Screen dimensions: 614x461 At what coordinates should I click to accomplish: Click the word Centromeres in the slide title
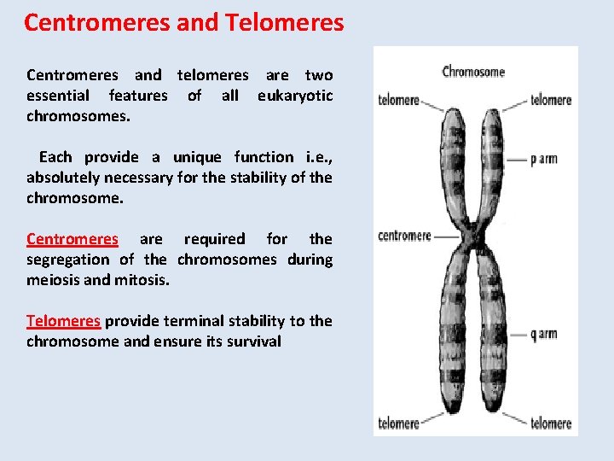[x=96, y=22]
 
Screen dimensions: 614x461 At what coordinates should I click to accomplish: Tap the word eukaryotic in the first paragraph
[x=295, y=96]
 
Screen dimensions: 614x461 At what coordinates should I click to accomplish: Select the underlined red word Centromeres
[x=72, y=239]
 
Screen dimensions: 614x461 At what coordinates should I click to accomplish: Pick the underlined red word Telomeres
[x=63, y=321]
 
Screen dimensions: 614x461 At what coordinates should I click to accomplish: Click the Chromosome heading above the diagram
[x=474, y=72]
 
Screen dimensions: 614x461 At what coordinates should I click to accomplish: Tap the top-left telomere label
[x=398, y=101]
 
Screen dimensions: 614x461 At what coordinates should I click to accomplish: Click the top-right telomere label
[x=550, y=100]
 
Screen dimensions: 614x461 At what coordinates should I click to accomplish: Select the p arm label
[x=543, y=159]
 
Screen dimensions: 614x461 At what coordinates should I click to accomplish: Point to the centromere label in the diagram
[x=404, y=236]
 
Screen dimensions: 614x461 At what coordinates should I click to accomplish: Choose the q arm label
[x=543, y=334]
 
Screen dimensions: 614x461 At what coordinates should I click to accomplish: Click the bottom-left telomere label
[x=398, y=423]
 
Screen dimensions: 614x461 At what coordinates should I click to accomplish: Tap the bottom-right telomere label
[x=550, y=423]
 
